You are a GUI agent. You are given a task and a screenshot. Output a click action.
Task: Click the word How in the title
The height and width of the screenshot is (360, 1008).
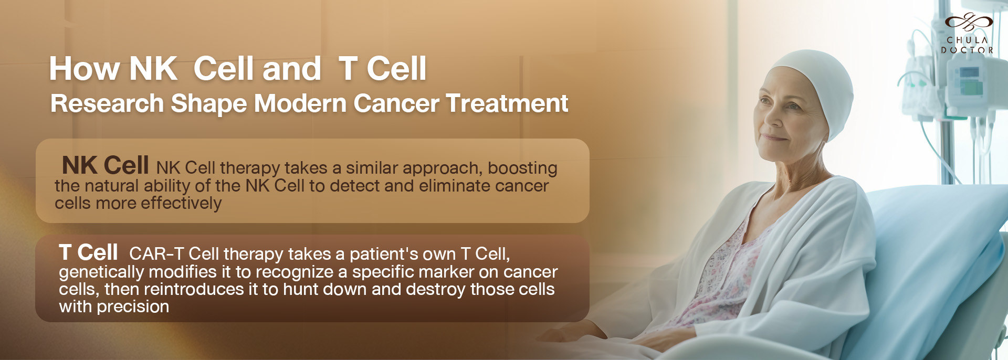(x=85, y=69)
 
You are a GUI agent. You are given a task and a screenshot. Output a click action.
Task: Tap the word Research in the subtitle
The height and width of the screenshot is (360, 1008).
(x=107, y=103)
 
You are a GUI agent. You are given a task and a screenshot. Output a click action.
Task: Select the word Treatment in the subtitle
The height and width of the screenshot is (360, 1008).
(x=507, y=103)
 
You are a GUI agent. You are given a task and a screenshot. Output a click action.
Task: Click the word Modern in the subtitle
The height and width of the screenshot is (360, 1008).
(x=300, y=103)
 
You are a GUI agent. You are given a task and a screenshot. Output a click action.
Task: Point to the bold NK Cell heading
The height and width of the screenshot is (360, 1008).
(x=106, y=165)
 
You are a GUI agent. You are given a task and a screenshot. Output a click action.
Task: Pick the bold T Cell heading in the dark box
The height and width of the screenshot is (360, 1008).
(x=88, y=252)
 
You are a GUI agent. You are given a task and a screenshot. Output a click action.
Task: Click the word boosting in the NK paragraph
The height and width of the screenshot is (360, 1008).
(x=522, y=168)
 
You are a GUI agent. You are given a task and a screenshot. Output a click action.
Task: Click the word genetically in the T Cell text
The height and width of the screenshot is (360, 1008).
(x=101, y=272)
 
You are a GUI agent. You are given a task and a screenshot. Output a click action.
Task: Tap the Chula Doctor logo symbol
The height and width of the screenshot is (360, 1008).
(x=969, y=22)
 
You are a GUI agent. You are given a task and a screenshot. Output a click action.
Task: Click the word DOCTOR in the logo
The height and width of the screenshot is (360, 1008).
(x=967, y=50)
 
